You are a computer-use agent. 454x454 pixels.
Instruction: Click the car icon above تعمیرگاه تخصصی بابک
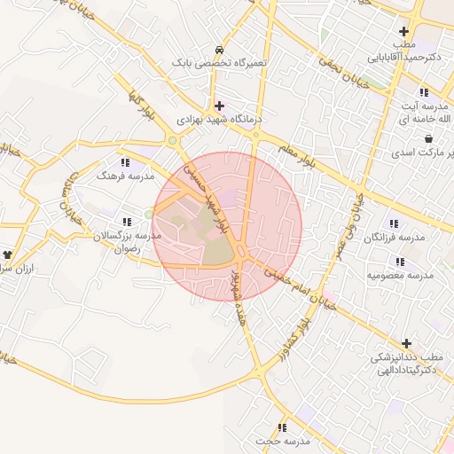point(219,50)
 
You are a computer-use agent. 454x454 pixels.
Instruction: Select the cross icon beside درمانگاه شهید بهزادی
point(220,105)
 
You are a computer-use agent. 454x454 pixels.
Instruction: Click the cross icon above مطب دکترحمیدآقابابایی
point(403,31)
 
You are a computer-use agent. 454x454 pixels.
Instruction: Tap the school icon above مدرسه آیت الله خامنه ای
point(425,91)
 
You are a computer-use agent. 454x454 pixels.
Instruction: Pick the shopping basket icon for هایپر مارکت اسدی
point(429,138)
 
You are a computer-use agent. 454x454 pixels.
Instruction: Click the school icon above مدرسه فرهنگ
point(125,162)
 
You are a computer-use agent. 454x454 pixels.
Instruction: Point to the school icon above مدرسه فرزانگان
point(394,223)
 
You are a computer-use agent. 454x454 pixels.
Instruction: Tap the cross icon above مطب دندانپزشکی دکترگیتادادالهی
point(406,343)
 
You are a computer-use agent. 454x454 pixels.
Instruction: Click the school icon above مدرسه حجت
point(283,427)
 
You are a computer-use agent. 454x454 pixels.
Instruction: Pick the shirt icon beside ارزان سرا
point(7,254)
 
